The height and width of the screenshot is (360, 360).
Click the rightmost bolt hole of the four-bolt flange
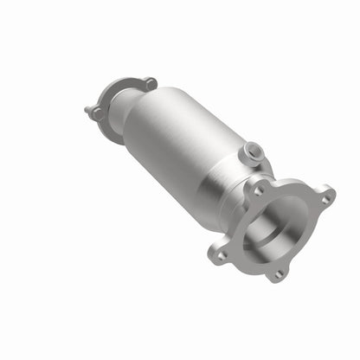point(326,199)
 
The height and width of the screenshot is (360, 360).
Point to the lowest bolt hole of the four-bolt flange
point(278,274)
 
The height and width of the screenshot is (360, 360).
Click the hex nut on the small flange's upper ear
point(150,83)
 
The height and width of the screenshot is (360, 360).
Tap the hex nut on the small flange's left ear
point(98,113)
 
